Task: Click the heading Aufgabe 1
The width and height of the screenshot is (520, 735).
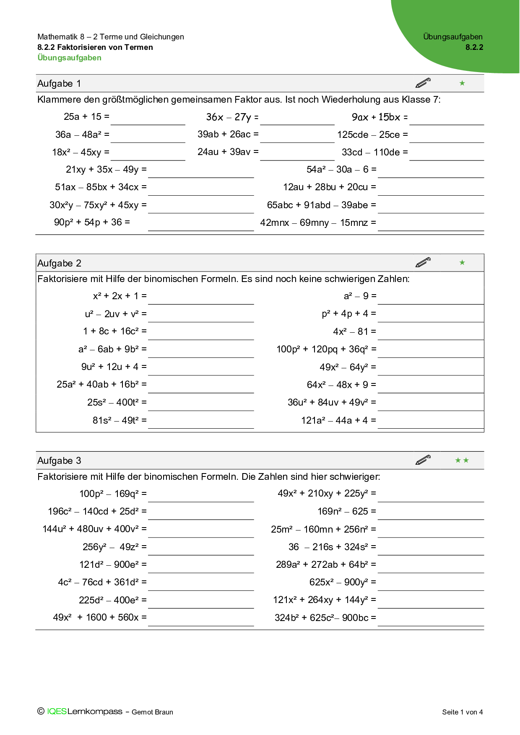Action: [59, 83]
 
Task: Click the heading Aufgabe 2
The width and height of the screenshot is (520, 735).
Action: [59, 263]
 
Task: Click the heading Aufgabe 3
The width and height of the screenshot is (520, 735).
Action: [59, 461]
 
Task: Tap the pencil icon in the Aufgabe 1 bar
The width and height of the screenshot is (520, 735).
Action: [423, 83]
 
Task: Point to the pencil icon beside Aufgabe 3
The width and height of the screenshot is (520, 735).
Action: [423, 460]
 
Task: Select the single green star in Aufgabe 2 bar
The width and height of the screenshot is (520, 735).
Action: [462, 263]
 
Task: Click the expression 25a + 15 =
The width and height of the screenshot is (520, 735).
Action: [86, 117]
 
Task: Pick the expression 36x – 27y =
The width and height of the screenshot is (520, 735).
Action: [232, 117]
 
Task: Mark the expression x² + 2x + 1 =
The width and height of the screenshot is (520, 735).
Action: [120, 296]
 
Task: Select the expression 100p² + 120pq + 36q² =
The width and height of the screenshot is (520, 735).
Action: [326, 349]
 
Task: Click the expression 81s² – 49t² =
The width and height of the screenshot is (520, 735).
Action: [120, 420]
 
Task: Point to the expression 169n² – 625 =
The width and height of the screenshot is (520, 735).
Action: [346, 512]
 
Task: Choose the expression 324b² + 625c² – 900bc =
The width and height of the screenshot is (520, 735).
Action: [325, 618]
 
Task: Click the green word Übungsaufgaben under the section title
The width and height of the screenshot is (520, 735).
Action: [70, 58]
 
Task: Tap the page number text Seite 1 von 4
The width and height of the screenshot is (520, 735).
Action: [462, 712]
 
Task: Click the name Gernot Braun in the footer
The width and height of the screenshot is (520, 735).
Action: [152, 712]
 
